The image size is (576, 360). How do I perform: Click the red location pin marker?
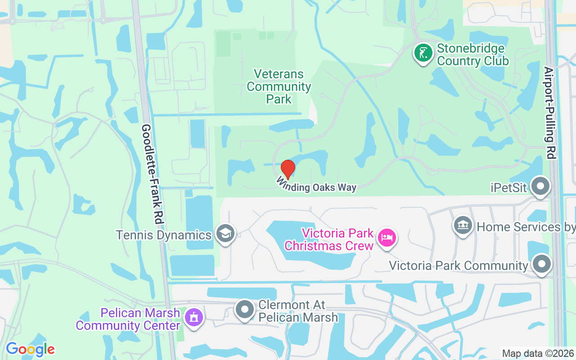click(288, 169)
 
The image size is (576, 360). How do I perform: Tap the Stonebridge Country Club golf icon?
click(423, 53)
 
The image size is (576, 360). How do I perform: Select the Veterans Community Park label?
click(279, 86)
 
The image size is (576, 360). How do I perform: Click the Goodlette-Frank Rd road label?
click(153, 175)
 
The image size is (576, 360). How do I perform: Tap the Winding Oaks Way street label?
click(316, 185)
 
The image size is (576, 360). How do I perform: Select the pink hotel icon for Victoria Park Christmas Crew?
click(387, 237)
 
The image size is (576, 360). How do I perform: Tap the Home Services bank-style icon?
click(462, 225)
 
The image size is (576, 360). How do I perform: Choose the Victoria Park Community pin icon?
click(541, 264)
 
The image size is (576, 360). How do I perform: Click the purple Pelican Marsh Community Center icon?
click(194, 318)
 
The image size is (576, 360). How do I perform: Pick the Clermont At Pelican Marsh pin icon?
click(245, 310)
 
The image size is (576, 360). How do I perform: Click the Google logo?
click(30, 349)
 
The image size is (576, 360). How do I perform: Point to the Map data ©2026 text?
click(538, 354)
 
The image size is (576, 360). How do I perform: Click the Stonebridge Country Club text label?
click(472, 54)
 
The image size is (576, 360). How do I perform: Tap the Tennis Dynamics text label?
click(164, 235)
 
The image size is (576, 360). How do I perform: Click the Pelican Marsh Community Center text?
click(128, 319)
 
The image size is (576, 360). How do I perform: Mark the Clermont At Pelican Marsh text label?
click(298, 311)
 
